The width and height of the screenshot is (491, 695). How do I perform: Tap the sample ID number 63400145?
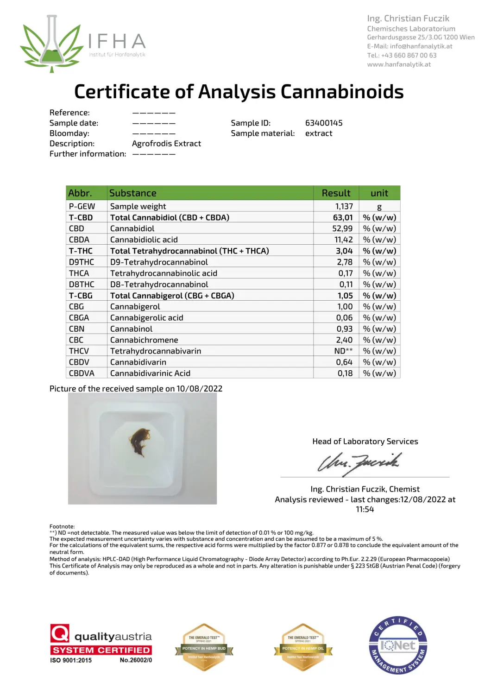point(324,123)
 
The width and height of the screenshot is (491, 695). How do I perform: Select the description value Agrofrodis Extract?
point(166,144)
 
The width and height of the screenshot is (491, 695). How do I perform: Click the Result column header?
point(336,193)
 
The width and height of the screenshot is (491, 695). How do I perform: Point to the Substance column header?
point(133,193)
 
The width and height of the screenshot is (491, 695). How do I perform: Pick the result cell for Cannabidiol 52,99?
point(342,228)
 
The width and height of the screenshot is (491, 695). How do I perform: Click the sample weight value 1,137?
point(344,206)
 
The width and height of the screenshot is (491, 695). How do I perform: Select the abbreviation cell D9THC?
point(82,262)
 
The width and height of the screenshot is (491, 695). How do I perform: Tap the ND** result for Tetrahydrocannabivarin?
point(343,351)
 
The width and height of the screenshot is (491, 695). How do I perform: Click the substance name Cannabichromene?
point(144,340)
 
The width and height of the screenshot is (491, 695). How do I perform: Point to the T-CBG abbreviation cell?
point(81,295)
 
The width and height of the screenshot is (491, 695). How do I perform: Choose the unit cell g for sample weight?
point(379,207)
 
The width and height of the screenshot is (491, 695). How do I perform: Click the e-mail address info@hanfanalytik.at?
point(421,46)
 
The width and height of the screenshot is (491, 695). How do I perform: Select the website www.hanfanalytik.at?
point(399,64)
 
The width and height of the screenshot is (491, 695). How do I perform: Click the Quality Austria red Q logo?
point(60,633)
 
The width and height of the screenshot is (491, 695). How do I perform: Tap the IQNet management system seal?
point(398,645)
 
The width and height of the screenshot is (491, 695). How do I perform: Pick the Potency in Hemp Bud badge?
point(204,647)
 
